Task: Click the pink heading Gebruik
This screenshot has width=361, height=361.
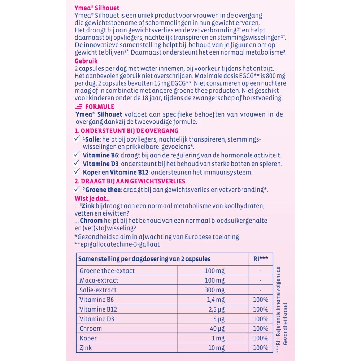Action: pos(86,61)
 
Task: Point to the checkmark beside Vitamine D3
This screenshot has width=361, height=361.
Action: pos(77,163)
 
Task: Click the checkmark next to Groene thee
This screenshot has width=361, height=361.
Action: pos(77,190)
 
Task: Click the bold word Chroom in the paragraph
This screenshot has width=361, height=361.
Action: pos(91,221)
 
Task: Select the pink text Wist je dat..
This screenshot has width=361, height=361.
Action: pos(92,198)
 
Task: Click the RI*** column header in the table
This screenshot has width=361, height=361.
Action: pos(260,259)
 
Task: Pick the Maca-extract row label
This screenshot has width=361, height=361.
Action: pos(99,280)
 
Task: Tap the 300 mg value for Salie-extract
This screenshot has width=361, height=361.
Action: pos(214,290)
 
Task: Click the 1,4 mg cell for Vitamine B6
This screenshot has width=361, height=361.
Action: pos(216,300)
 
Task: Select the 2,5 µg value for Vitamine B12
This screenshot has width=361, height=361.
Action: pos(216,309)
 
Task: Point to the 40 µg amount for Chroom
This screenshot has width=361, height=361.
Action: pos(217,329)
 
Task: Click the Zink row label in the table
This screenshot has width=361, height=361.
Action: pos(85,348)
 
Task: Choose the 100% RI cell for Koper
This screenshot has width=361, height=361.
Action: pos(260,339)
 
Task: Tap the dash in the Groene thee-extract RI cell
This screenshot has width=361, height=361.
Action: pos(260,271)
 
